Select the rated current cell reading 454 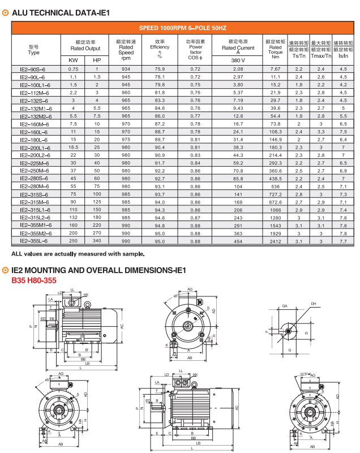pyautogui.click(x=238, y=241)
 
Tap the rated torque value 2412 pyautogui.click(x=276, y=241)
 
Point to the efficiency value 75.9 pyautogui.click(x=160, y=68)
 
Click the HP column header pyautogui.click(x=97, y=60)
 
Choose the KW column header pyautogui.click(x=73, y=60)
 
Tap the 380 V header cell pyautogui.click(x=238, y=60)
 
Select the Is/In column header pyautogui.click(x=343, y=55)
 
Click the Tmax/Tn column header pyautogui.click(x=321, y=55)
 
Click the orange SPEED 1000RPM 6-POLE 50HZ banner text pyautogui.click(x=183, y=27)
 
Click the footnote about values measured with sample pyautogui.click(x=74, y=253)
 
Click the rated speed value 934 pyautogui.click(x=126, y=68)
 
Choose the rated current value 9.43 pyautogui.click(x=238, y=107)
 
